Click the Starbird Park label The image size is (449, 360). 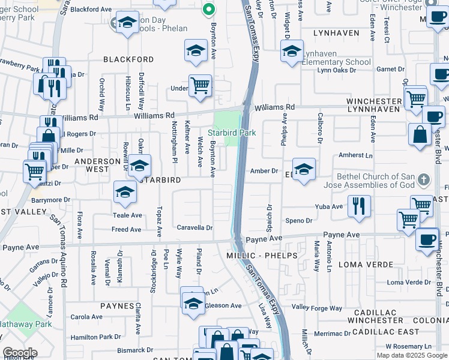click(232, 133)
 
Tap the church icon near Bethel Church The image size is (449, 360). click(424, 179)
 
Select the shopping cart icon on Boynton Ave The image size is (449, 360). click(200, 85)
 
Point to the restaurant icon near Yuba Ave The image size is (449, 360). click(359, 205)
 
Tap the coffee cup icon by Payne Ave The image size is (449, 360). click(427, 239)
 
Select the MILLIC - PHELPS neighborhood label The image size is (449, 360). click(262, 256)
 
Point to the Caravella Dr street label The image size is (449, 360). click(194, 228)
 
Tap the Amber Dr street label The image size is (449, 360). click(264, 171)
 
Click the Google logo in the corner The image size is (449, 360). click(20, 353)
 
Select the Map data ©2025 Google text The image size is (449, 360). click(412, 355)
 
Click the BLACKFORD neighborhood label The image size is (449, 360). click(128, 59)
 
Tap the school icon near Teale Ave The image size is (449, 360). click(125, 192)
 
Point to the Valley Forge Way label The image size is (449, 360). click(317, 308)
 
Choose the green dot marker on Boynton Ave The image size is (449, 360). click(209, 9)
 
